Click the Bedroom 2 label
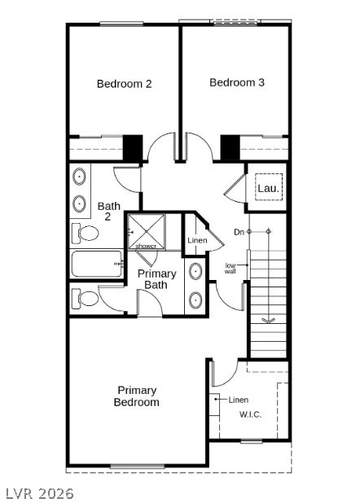125,84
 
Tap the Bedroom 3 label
237,82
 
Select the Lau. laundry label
268,188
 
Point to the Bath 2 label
109,211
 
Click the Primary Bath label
156,279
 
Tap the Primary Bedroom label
137,396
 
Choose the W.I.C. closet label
250,414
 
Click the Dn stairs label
239,232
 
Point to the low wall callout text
230,268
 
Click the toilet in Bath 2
85,233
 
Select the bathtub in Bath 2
97,264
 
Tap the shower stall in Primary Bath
147,232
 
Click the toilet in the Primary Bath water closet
85,299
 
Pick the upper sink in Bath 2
79,177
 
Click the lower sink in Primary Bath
195,300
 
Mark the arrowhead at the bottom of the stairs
268,320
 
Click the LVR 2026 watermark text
40,493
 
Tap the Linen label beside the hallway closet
197,240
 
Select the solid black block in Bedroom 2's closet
133,148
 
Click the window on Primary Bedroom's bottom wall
138,466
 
